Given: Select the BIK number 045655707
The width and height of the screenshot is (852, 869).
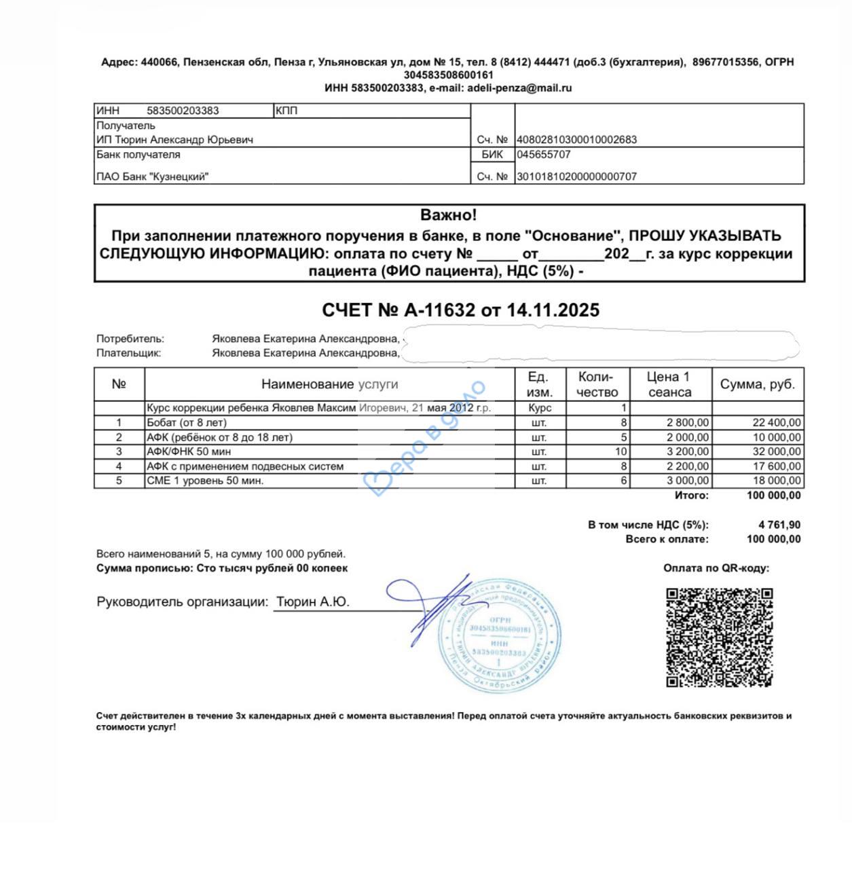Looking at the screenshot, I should (x=544, y=155).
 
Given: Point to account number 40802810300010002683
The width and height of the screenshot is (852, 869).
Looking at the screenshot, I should (x=577, y=140).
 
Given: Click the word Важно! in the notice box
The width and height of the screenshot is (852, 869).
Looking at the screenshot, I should (x=449, y=215).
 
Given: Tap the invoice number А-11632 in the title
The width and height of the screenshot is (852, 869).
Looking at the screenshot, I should (x=439, y=310).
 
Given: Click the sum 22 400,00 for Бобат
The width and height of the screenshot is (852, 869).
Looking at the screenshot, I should (x=777, y=422).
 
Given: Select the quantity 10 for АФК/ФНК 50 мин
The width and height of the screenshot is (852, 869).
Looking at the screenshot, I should (x=621, y=451).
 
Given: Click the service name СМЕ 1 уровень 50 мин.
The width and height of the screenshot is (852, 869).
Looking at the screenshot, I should (x=205, y=481).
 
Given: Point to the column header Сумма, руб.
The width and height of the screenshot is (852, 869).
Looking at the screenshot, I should (x=757, y=384).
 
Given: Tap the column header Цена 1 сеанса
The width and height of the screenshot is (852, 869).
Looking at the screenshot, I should (x=669, y=384).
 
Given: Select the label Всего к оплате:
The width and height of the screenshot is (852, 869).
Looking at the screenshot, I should (x=667, y=539).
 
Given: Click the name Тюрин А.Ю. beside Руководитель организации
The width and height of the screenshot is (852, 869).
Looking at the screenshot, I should (x=312, y=602).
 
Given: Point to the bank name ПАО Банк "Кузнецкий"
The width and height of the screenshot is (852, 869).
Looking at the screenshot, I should (x=153, y=177).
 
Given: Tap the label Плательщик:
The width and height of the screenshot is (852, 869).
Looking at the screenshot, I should (x=129, y=353).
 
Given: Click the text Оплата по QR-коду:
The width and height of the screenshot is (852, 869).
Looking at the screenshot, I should (x=716, y=569).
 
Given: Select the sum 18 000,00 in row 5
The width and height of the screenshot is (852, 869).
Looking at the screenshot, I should (x=777, y=481).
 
